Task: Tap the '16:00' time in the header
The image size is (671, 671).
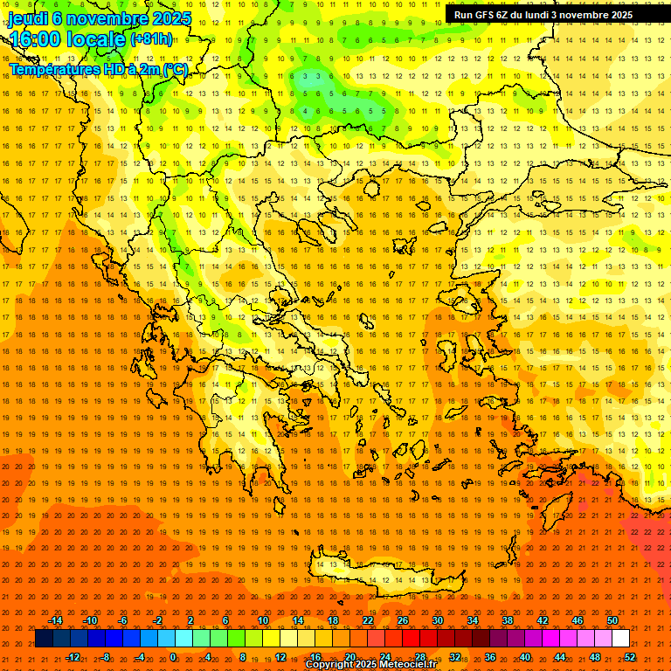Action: [34, 39]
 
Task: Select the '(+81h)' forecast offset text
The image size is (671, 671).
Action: [151, 39]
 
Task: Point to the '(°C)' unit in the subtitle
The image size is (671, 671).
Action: [174, 69]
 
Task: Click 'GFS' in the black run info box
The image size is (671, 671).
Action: [486, 15]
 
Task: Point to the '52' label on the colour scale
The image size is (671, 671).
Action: [630, 657]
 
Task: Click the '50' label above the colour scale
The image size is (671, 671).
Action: [612, 620]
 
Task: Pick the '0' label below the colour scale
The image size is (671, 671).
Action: [173, 657]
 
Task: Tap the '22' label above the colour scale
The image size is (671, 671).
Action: [368, 620]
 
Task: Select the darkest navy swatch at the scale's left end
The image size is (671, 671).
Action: [44, 639]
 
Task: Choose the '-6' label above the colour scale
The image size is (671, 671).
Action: [123, 620]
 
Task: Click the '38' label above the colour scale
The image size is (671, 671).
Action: [508, 620]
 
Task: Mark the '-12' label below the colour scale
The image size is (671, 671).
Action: [73, 657]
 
